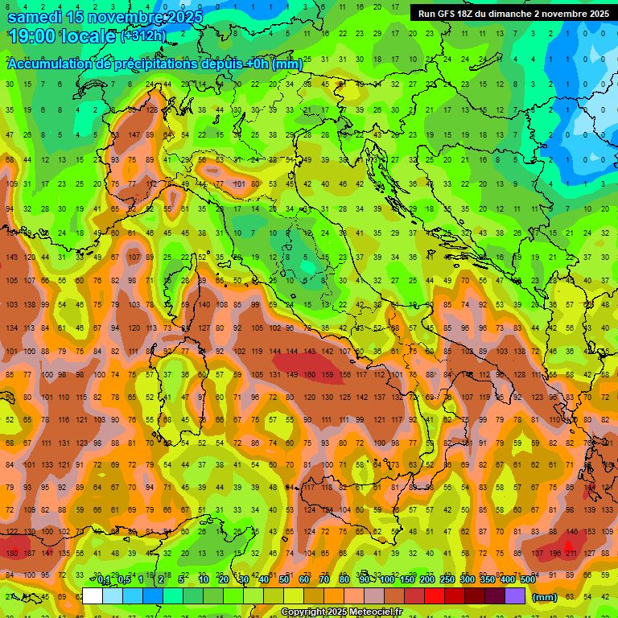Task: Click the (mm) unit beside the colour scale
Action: [545, 597]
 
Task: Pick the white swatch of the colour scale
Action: [93, 596]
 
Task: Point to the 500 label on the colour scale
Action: [527, 579]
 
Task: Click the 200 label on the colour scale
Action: [426, 579]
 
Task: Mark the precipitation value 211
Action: [571, 553]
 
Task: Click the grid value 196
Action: [554, 553]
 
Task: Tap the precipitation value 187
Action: [29, 553]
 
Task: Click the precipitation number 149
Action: [290, 374]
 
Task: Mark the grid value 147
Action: [134, 134]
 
